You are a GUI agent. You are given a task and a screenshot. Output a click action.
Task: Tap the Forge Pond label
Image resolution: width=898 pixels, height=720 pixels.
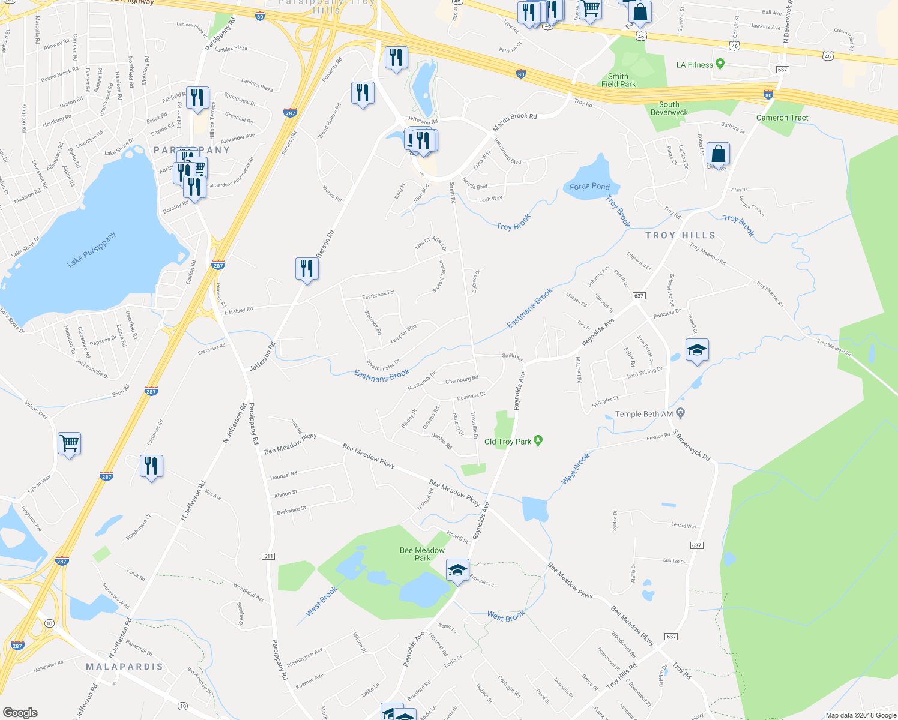[x=589, y=187]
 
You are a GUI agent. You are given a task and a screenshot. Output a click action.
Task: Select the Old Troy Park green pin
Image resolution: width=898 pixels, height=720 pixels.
[x=538, y=441]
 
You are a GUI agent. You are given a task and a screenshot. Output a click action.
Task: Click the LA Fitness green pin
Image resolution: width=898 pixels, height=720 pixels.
[x=720, y=64]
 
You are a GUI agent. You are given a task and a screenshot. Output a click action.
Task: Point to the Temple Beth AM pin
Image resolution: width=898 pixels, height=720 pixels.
[x=680, y=413]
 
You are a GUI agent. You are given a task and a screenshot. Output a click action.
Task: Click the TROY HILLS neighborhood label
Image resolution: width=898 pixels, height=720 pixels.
[x=680, y=235]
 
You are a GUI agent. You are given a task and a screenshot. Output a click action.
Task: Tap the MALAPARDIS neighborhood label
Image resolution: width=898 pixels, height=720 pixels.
[x=124, y=667]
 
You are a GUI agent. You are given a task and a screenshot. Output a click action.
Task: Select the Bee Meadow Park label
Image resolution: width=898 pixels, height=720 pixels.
[x=422, y=554]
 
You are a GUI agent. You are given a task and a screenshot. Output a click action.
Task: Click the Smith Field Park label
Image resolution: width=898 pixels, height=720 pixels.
[x=618, y=80]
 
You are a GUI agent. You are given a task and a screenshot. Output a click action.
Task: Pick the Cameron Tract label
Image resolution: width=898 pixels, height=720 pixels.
[x=782, y=118]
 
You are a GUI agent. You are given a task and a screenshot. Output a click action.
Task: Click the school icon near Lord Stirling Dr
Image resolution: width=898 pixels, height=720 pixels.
[x=697, y=350]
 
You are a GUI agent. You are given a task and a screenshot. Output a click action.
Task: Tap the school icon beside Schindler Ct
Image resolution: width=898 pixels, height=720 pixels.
[x=457, y=570]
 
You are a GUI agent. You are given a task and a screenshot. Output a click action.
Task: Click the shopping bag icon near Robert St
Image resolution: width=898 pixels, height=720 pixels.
[x=718, y=154]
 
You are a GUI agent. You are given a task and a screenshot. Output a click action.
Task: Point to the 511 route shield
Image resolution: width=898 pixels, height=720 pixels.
[x=268, y=556]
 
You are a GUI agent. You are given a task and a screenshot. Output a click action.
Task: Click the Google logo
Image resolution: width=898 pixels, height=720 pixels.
[x=20, y=713]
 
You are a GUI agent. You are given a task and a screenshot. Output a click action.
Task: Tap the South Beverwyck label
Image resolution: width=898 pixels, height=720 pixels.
[x=669, y=109]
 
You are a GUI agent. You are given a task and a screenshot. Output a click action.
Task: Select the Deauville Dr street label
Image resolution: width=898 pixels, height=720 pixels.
[x=471, y=396]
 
